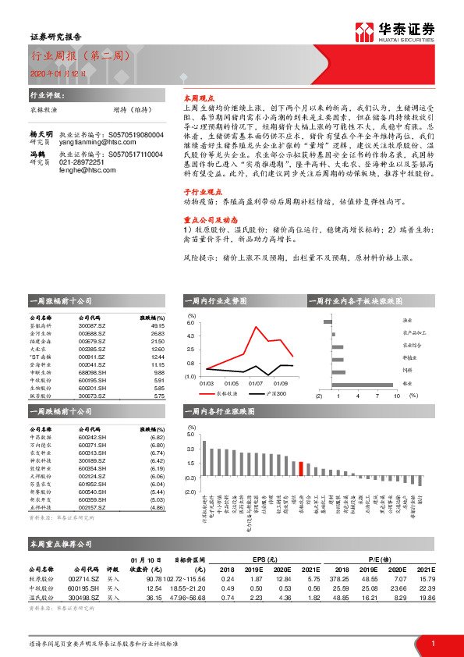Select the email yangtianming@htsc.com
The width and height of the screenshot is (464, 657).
95,142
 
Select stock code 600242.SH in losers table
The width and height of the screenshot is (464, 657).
93,436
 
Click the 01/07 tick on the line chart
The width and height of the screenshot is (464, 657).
256,384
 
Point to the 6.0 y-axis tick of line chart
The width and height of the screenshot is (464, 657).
190,322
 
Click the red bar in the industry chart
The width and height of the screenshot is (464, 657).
301,467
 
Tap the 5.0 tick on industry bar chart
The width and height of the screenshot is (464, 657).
190,434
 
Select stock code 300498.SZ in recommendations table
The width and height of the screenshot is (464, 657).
85,598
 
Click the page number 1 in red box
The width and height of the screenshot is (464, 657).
433,643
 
